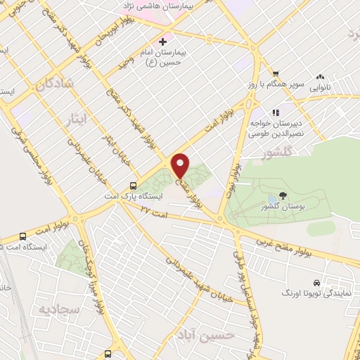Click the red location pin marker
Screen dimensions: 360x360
coord(181,165)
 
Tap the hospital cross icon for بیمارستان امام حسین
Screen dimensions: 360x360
coord(163,42)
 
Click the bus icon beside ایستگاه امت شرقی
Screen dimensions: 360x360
coord(23,237)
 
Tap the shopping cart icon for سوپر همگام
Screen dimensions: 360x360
coord(276,73)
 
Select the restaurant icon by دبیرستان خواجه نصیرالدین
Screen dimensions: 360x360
coord(276,112)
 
